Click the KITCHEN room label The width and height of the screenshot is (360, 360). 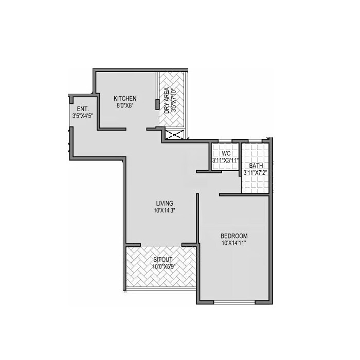pos(125,98)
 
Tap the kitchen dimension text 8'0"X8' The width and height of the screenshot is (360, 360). pos(125,106)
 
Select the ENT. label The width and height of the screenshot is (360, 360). pos(83,109)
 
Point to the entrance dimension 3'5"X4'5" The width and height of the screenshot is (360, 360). pos(83,116)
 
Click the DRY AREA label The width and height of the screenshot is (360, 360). pos(167,100)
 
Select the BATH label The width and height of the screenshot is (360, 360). pos(256,166)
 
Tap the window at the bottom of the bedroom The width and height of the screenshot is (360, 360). pos(234,302)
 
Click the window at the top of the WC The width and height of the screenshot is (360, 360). pos(225,141)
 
